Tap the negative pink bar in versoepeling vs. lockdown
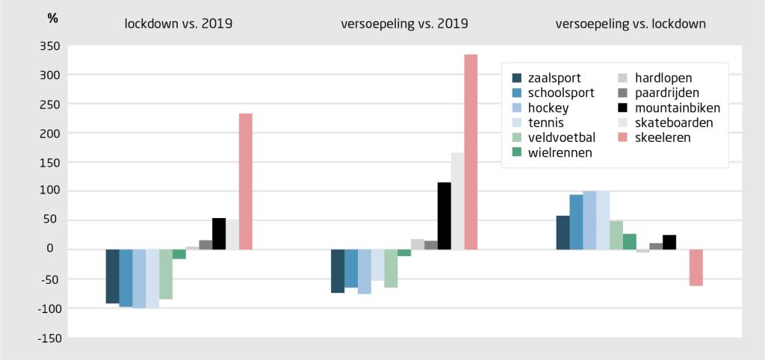pos(696,267)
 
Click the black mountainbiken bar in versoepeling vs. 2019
pos(444,216)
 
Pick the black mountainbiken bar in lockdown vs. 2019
pos(219,234)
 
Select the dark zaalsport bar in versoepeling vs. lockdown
pos(563,232)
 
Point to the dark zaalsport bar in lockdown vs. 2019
pos(112,276)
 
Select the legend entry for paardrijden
pos(657,93)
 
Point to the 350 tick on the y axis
pos(51,46)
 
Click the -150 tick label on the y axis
pos(49,338)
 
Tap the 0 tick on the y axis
pos(56,249)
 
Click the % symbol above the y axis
pos(52,19)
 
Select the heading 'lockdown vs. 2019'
pos(179,24)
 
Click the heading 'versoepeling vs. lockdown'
pos(631,24)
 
